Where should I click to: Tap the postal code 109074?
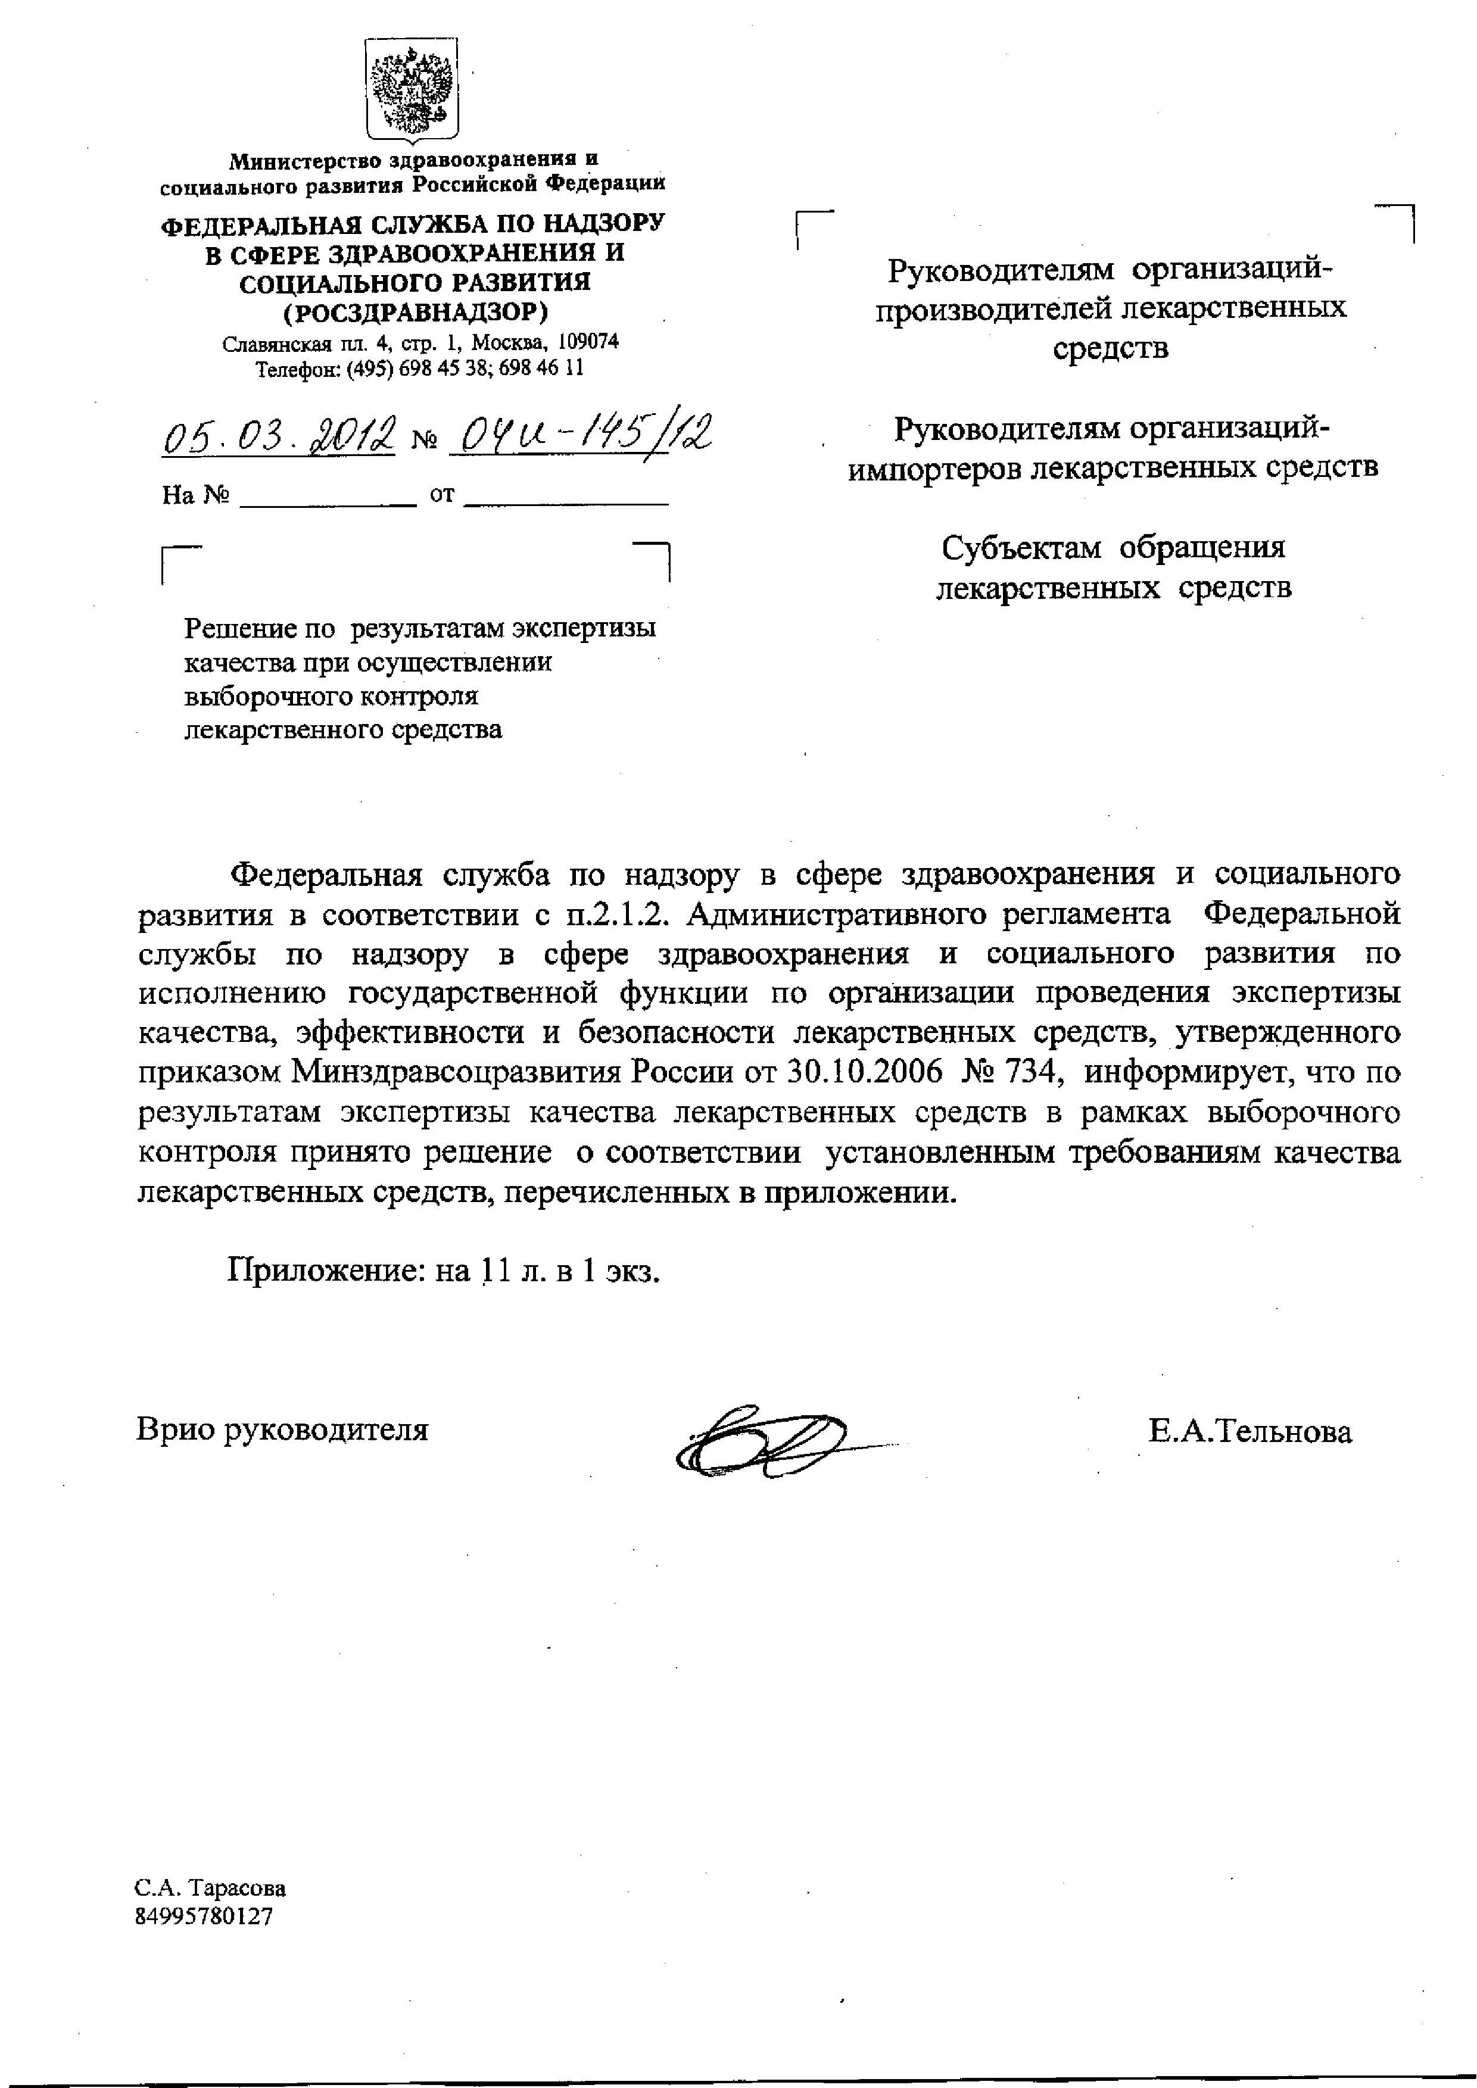click(x=588, y=341)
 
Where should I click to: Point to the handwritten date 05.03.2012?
click(x=279, y=436)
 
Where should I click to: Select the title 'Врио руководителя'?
click(x=282, y=1430)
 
